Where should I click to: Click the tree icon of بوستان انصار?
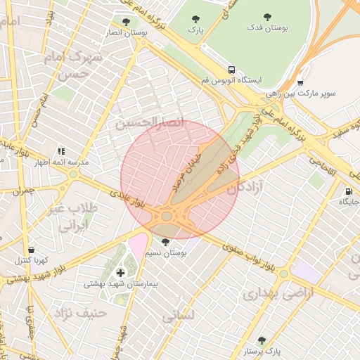(x=126, y=22)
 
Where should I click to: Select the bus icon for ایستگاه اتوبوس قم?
(x=231, y=70)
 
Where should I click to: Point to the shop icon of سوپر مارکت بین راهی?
(x=300, y=82)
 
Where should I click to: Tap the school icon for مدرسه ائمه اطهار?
(x=61, y=151)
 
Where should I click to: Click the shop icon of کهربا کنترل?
(x=31, y=250)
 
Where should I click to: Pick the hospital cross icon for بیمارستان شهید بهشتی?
(x=120, y=272)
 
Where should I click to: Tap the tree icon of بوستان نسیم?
(x=165, y=242)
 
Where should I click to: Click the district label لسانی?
(x=177, y=317)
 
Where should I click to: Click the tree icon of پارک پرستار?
(x=262, y=340)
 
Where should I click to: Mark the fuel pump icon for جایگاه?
(x=349, y=192)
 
